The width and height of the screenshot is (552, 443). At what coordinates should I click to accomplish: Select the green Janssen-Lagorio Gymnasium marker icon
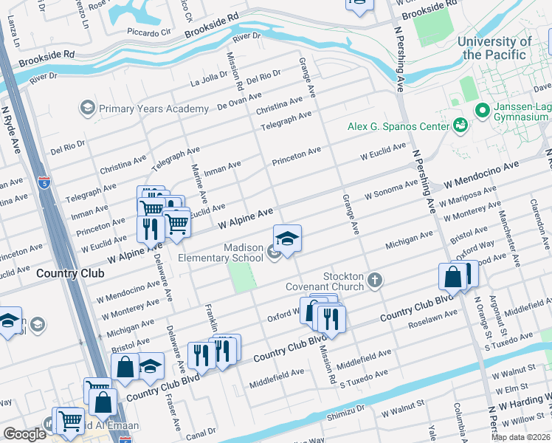[x=483, y=111]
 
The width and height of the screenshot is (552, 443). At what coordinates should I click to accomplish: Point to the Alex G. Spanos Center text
[x=399, y=126]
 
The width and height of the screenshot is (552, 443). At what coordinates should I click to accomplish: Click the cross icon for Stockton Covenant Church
[x=376, y=280]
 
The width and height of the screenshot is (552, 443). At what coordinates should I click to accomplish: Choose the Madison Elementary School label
[x=221, y=253]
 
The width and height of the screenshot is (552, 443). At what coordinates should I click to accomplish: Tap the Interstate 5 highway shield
[x=45, y=181]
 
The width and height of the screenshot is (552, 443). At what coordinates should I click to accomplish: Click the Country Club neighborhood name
[x=70, y=273]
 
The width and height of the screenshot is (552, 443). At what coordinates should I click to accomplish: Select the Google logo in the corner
[x=24, y=434]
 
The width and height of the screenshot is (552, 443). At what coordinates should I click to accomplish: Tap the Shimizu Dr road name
[x=346, y=408]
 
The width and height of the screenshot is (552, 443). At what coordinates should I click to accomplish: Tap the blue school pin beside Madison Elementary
[x=287, y=238]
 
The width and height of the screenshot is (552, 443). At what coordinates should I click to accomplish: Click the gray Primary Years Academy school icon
[x=88, y=109]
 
